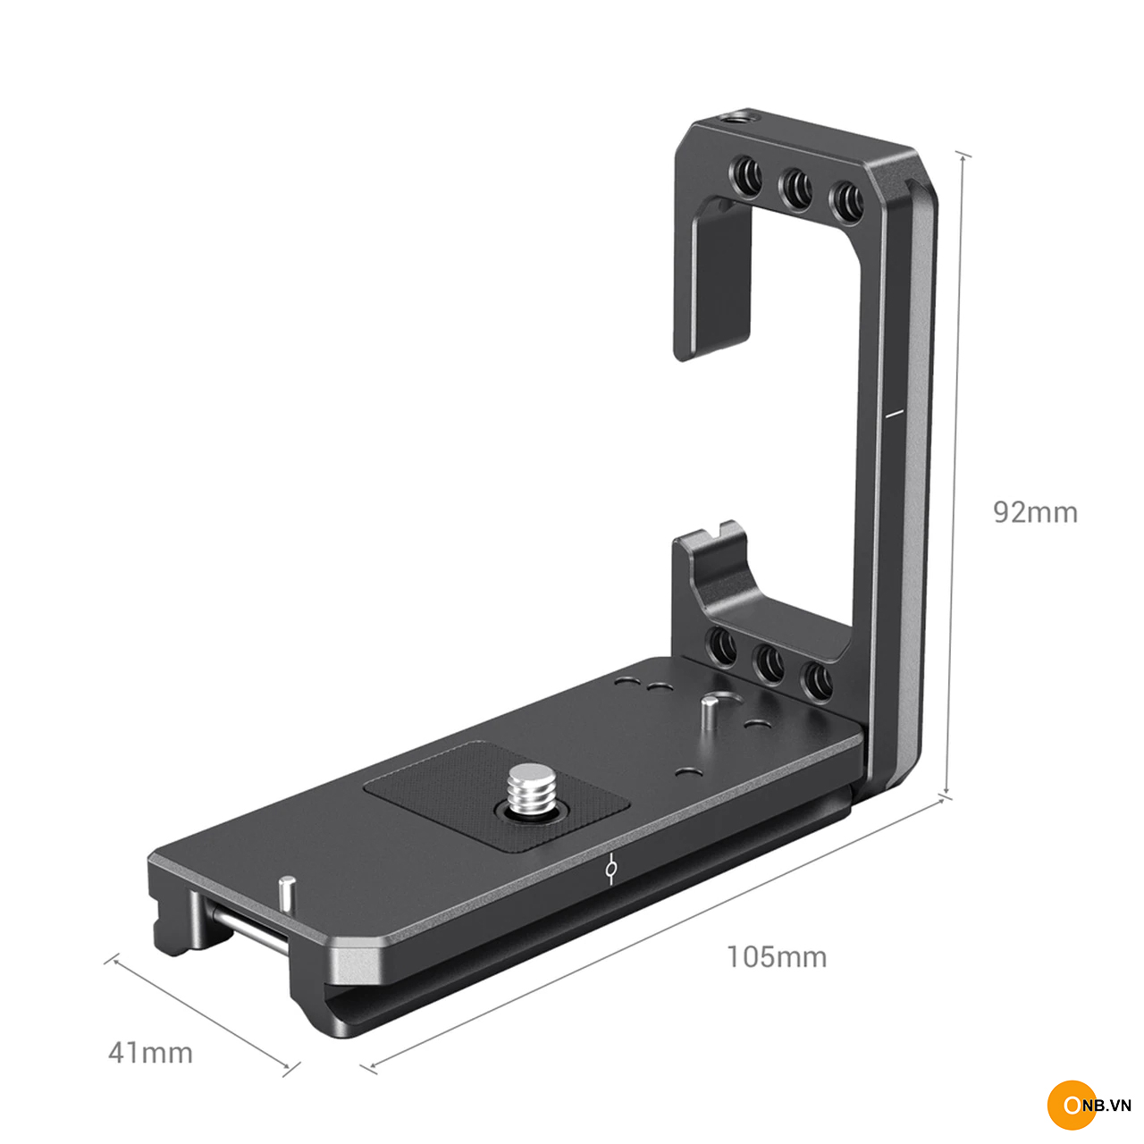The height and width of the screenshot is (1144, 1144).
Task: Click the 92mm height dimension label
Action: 1035,513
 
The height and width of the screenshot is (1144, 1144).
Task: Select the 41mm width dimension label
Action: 150,1053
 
